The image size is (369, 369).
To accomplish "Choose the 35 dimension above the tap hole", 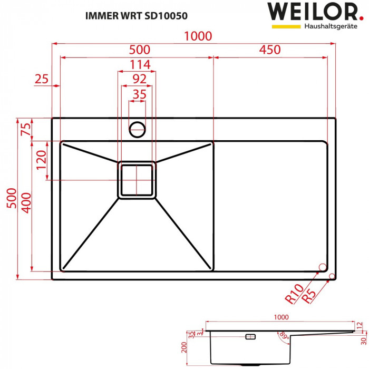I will click(x=138, y=94).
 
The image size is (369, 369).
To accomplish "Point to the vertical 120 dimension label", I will click(x=42, y=161).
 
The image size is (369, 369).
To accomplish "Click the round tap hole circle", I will click(x=137, y=128).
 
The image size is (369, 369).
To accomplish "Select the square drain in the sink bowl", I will click(x=137, y=180).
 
